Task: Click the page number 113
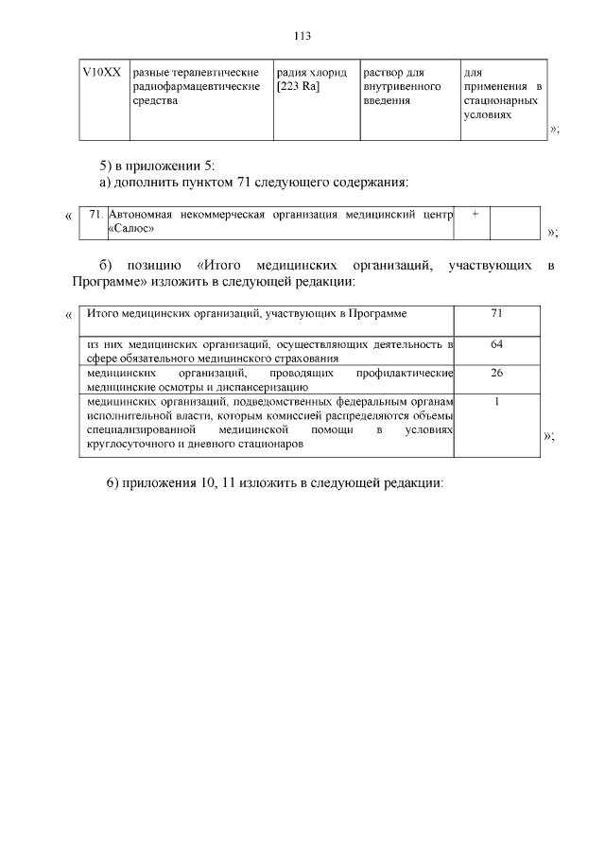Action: [302, 36]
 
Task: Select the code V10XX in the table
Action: [101, 72]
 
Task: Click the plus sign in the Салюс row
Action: [474, 215]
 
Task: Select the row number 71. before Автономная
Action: [95, 215]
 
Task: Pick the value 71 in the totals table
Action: [497, 313]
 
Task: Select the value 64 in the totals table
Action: [497, 344]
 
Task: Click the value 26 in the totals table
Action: [497, 373]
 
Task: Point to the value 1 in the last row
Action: [497, 401]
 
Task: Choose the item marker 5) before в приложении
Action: [107, 165]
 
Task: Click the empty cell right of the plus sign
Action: [514, 222]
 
